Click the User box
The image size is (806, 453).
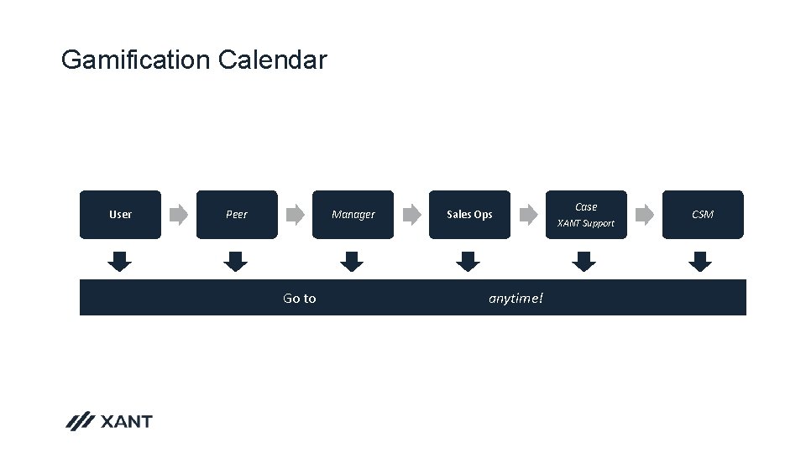tap(120, 215)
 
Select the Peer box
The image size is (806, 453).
tap(237, 215)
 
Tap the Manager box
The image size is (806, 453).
tap(353, 215)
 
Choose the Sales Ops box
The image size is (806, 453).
tap(469, 215)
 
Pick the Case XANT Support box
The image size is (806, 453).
tap(586, 215)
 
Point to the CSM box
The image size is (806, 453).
tap(702, 215)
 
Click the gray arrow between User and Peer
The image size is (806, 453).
tap(178, 215)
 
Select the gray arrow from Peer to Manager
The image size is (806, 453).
tap(295, 215)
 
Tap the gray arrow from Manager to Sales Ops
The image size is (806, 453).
tap(411, 215)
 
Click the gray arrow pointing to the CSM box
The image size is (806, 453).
tap(644, 215)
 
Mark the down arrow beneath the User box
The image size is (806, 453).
tap(120, 261)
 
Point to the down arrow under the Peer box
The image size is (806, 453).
tap(237, 261)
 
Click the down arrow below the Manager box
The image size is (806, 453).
tap(353, 261)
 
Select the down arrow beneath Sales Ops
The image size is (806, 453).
tap(469, 261)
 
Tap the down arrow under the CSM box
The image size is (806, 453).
tap(699, 261)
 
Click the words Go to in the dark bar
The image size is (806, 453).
tap(300, 299)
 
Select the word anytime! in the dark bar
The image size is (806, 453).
tap(516, 299)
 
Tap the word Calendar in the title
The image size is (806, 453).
tap(272, 60)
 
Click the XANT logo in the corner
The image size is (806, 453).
tap(109, 421)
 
